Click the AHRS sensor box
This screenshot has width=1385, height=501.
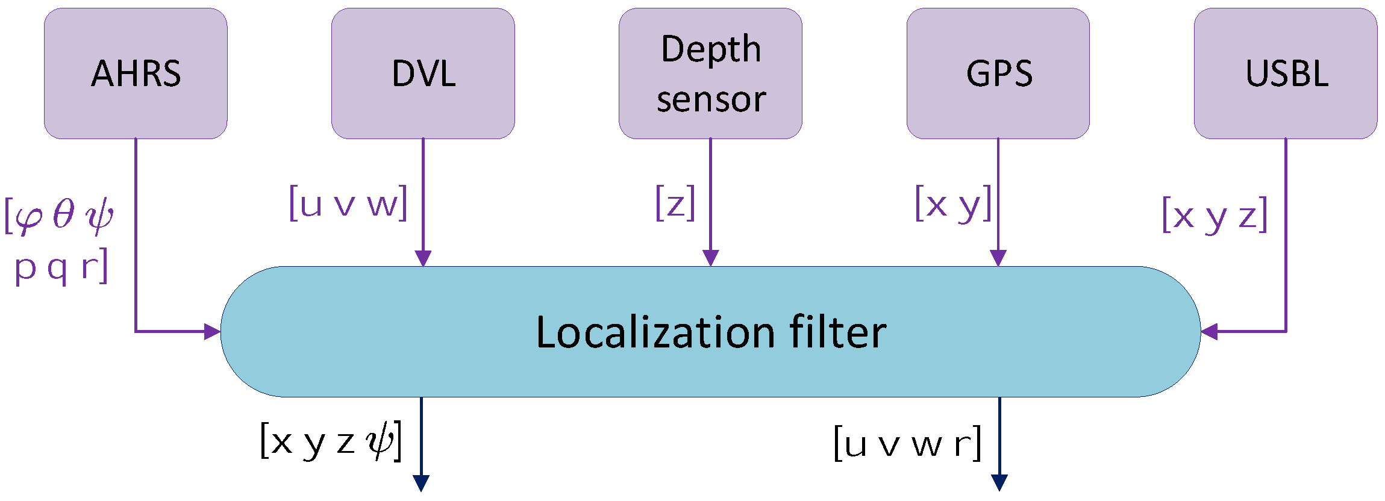click(x=136, y=73)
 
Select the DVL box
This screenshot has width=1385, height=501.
click(x=423, y=73)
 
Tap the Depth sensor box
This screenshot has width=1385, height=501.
click(x=710, y=73)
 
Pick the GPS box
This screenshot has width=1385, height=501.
click(x=998, y=73)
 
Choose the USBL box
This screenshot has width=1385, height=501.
click(x=1286, y=73)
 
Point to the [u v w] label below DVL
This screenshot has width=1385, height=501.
click(x=349, y=204)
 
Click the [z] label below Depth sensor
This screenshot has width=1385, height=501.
click(x=675, y=204)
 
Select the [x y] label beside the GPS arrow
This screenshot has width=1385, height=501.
click(x=953, y=204)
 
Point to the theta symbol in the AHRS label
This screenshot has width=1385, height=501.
click(x=64, y=214)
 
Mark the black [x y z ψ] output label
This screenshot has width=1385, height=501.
click(x=331, y=441)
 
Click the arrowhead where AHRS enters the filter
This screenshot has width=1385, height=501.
click(x=213, y=331)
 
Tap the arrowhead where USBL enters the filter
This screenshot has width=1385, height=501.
click(x=1209, y=331)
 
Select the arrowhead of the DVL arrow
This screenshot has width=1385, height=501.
click(x=423, y=258)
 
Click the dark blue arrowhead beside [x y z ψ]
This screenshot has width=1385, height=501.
click(x=421, y=483)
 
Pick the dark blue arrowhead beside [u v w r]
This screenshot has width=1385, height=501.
click(x=999, y=483)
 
